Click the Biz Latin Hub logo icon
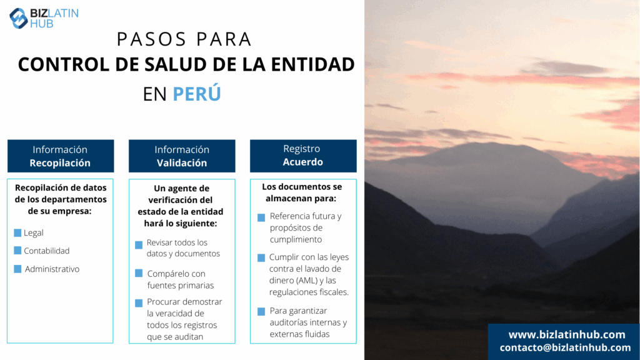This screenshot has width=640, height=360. click(18, 18)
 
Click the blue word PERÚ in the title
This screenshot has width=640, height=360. click(197, 94)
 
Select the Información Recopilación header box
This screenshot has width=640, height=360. click(61, 156)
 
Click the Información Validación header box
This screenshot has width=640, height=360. click(182, 156)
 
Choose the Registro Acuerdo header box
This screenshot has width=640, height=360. click(303, 156)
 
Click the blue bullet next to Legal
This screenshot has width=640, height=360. click(17, 232)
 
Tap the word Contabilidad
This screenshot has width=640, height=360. click(46, 251)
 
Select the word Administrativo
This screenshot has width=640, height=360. click(52, 269)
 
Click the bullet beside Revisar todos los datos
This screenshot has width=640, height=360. click(139, 245)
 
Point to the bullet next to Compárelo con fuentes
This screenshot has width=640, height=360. click(139, 273)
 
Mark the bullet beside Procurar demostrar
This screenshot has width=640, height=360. click(139, 303)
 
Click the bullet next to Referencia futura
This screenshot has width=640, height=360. click(261, 217)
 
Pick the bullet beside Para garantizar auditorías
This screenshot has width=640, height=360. click(261, 312)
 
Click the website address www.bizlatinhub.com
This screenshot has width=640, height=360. click(567, 335)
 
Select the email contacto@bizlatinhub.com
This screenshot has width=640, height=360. click(565, 347)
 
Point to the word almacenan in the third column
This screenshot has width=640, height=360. click(289, 198)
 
